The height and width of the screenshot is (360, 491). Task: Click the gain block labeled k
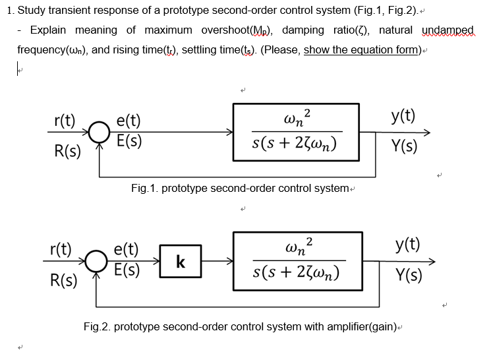point(179,262)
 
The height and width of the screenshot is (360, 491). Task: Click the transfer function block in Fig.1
point(296,132)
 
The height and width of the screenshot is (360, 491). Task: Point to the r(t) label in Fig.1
point(64,121)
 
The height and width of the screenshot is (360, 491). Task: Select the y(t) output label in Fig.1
point(403,117)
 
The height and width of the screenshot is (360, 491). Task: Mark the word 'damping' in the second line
point(304,30)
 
